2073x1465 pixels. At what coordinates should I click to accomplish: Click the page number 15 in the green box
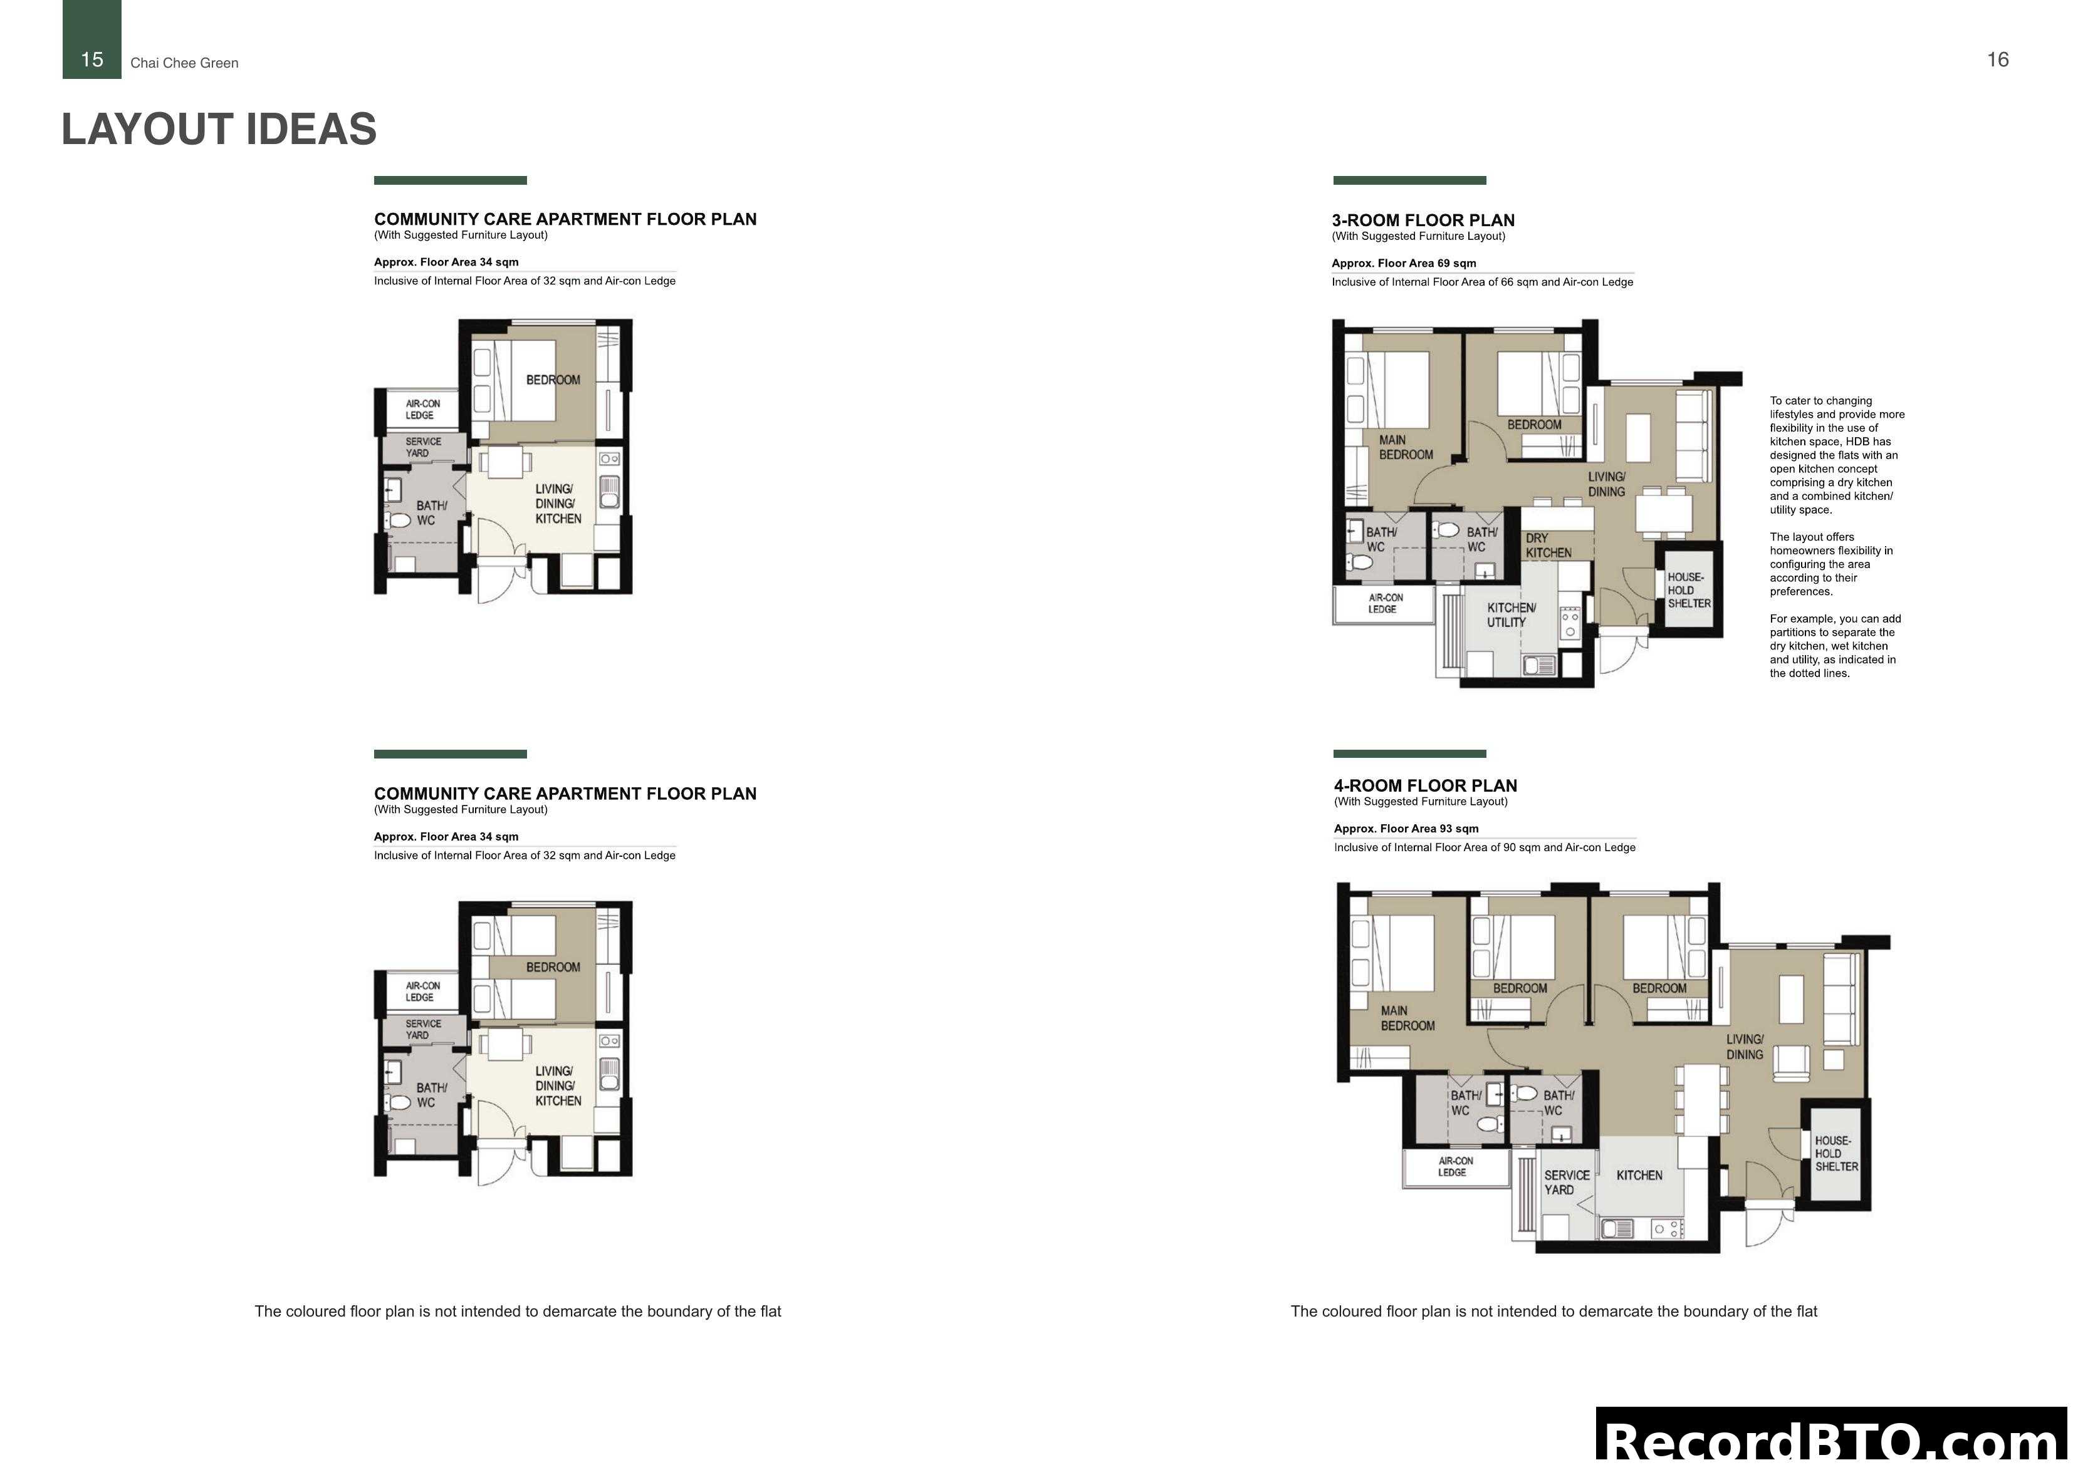92,60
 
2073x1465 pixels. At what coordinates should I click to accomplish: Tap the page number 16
1997,60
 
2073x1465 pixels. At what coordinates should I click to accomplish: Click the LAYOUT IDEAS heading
219,129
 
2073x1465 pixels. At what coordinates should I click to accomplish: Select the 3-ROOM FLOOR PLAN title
1423,220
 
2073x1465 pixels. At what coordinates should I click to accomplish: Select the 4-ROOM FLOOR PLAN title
1425,785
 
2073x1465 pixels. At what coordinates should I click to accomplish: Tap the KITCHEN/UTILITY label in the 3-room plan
1510,614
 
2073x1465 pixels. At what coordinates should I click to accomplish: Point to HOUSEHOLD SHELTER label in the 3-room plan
1688,591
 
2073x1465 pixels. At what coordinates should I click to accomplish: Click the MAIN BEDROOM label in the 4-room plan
1407,1018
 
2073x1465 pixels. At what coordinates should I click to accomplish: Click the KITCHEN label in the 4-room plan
1639,1175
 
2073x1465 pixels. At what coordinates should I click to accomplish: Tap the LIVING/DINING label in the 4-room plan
1745,1047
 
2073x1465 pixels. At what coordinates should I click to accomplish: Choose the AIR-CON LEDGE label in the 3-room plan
1385,603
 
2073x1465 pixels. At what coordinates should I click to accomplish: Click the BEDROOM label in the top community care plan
553,380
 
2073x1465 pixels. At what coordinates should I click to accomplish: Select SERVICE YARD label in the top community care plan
422,448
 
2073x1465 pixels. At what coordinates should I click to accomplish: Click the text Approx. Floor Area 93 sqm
1406,829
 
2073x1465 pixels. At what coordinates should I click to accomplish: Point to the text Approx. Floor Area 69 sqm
1403,264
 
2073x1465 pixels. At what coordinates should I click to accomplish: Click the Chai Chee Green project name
184,63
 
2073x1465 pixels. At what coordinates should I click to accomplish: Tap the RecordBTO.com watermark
1833,1441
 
